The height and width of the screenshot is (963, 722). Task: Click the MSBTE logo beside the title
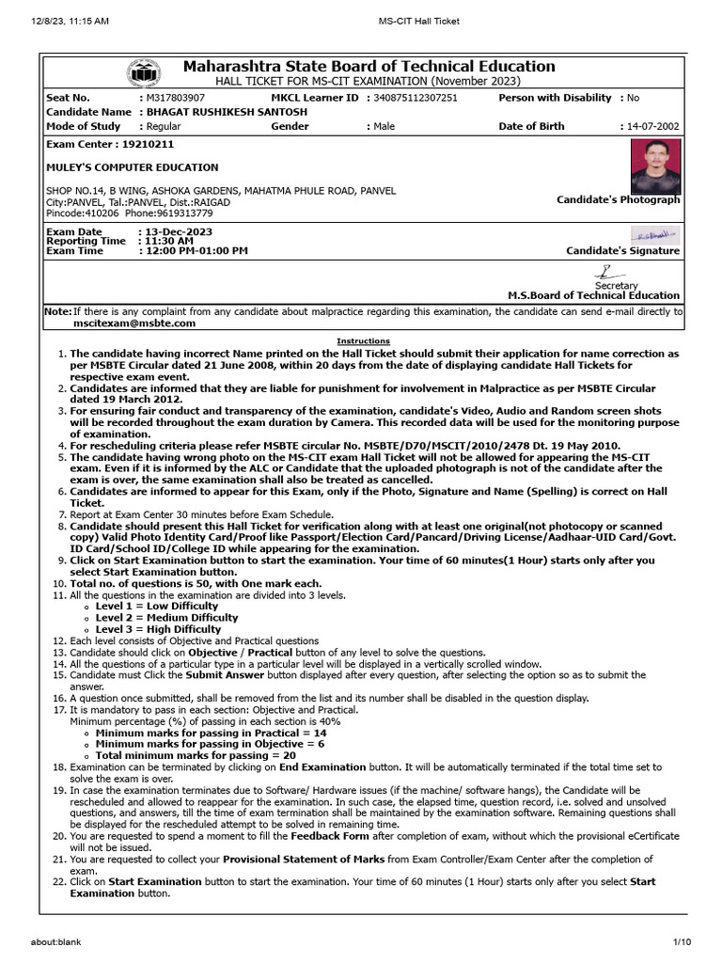(x=144, y=73)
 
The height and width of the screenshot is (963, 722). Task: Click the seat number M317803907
(x=173, y=98)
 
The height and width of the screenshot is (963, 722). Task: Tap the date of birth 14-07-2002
(x=651, y=126)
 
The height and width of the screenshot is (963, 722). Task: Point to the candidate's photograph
(x=655, y=166)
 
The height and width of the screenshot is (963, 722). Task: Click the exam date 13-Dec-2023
(x=179, y=231)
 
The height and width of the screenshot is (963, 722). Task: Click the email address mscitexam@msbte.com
(x=134, y=323)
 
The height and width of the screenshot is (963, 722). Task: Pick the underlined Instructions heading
(x=363, y=340)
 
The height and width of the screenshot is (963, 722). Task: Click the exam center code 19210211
(x=144, y=145)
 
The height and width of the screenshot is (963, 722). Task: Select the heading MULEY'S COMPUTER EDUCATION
(x=133, y=167)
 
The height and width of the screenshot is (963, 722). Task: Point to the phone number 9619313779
(x=184, y=213)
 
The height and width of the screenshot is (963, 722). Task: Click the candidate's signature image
(x=654, y=234)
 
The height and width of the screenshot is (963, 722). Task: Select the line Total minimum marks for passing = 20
(x=196, y=755)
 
